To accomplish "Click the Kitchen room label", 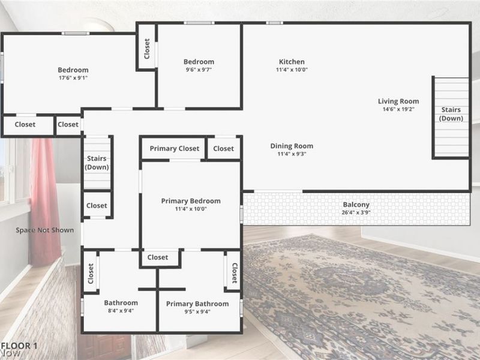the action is [x=292, y=62].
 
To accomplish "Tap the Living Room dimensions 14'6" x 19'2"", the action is [x=398, y=109].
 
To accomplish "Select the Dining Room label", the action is [x=292, y=146].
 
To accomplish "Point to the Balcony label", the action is [x=356, y=205].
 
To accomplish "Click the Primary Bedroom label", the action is [x=191, y=201].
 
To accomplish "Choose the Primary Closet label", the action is [x=175, y=148].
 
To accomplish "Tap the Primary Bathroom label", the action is [x=197, y=304].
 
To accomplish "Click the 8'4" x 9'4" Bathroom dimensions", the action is [x=121, y=311].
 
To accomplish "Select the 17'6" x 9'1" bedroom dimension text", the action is [x=73, y=78].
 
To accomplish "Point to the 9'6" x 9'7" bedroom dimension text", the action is [x=199, y=70].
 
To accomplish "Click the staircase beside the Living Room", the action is [x=452, y=117].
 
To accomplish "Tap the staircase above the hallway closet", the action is [x=97, y=163].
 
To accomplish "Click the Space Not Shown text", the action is [x=44, y=230].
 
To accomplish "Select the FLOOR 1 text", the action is [x=19, y=346].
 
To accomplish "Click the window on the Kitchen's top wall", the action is [x=274, y=23].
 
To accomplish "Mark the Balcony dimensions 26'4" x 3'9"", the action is [x=356, y=212].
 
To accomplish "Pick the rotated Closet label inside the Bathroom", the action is [x=91, y=274].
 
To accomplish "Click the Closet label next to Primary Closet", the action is [x=223, y=148].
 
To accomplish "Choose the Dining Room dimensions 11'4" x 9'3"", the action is [x=292, y=154].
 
